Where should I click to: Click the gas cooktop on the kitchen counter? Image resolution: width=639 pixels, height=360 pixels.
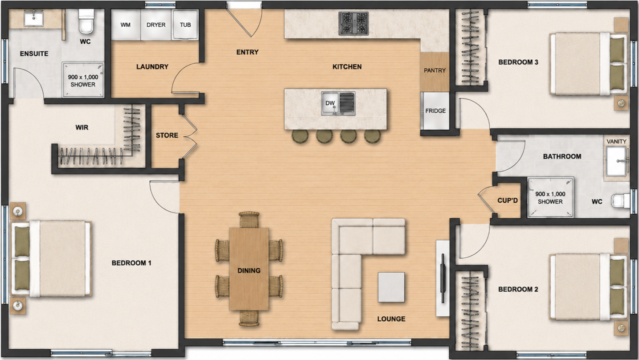click(353, 24)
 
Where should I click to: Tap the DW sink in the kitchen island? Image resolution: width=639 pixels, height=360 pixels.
click(338, 103)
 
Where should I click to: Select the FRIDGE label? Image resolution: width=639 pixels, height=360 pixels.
click(435, 110)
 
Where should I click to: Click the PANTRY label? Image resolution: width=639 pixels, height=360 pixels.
click(434, 70)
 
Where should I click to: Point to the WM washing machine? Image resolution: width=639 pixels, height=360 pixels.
click(126, 25)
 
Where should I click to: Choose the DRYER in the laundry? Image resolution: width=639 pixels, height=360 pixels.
click(156, 25)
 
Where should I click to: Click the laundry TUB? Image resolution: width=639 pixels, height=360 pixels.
click(185, 25)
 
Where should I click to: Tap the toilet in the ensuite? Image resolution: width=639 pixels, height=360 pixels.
click(86, 21)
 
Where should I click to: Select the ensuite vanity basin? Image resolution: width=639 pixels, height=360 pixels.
click(34, 19)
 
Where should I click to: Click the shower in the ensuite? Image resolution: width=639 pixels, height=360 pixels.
click(83, 80)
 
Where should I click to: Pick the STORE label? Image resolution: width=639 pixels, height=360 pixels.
click(167, 135)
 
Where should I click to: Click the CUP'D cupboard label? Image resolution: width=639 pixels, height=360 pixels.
click(508, 200)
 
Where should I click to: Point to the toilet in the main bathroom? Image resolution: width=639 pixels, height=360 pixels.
click(621, 201)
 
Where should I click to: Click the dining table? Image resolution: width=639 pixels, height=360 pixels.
click(249, 269)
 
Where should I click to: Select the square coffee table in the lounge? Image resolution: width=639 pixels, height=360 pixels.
click(391, 287)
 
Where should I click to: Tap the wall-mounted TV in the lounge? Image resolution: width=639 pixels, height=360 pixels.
click(443, 278)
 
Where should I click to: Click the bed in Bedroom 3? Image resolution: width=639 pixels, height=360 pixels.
click(589, 64)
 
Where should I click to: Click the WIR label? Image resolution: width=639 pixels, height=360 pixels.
click(82, 127)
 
